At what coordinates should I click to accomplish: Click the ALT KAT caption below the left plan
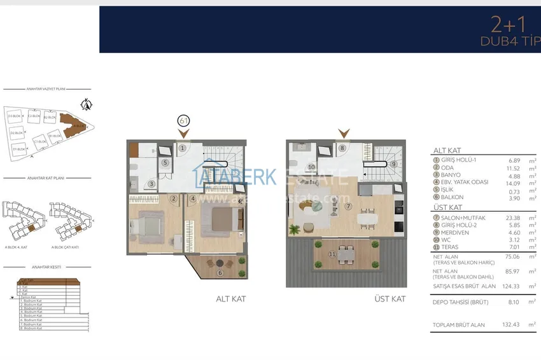tap(230, 298)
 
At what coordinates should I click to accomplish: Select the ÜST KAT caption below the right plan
tap(390, 298)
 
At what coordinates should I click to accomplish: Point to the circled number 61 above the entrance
tap(183, 120)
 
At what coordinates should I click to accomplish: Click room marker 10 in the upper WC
tap(312, 167)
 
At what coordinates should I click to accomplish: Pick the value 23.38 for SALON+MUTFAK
tap(510, 218)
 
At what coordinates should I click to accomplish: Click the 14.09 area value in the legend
tap(513, 183)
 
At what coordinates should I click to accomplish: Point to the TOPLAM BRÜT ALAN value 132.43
tap(511, 324)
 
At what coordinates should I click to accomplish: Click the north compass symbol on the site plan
tap(88, 104)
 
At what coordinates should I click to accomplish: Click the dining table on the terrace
tap(346, 253)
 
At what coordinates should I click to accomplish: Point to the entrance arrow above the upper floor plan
tap(344, 134)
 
